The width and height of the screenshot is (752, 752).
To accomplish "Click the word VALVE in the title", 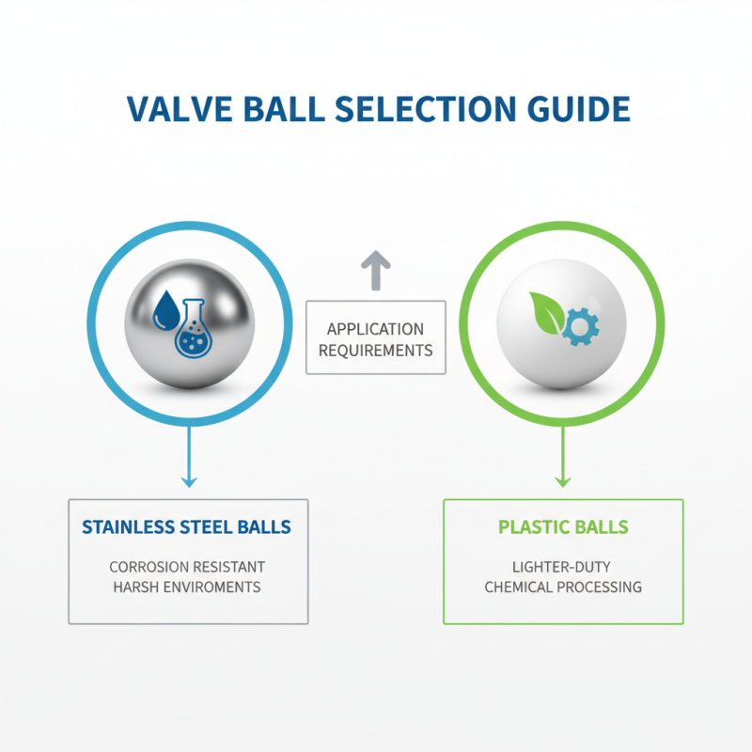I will click(173, 108).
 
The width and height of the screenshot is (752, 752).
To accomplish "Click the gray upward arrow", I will click(375, 270).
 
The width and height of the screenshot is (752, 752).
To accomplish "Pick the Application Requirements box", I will click(375, 339).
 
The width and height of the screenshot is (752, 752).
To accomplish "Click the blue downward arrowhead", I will click(189, 480).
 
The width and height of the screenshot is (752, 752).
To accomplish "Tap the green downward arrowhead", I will click(562, 480).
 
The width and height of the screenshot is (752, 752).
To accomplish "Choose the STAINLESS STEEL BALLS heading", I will click(187, 526).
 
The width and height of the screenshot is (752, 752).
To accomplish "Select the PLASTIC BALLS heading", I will click(562, 526).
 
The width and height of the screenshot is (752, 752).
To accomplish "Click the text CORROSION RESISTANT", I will click(187, 567).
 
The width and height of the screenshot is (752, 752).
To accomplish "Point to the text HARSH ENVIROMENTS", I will click(187, 587).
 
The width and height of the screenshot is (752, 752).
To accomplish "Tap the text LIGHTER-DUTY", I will click(562, 567).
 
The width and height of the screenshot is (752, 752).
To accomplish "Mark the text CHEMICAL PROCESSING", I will click(562, 587).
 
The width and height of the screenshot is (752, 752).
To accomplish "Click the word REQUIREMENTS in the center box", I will click(375, 350).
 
